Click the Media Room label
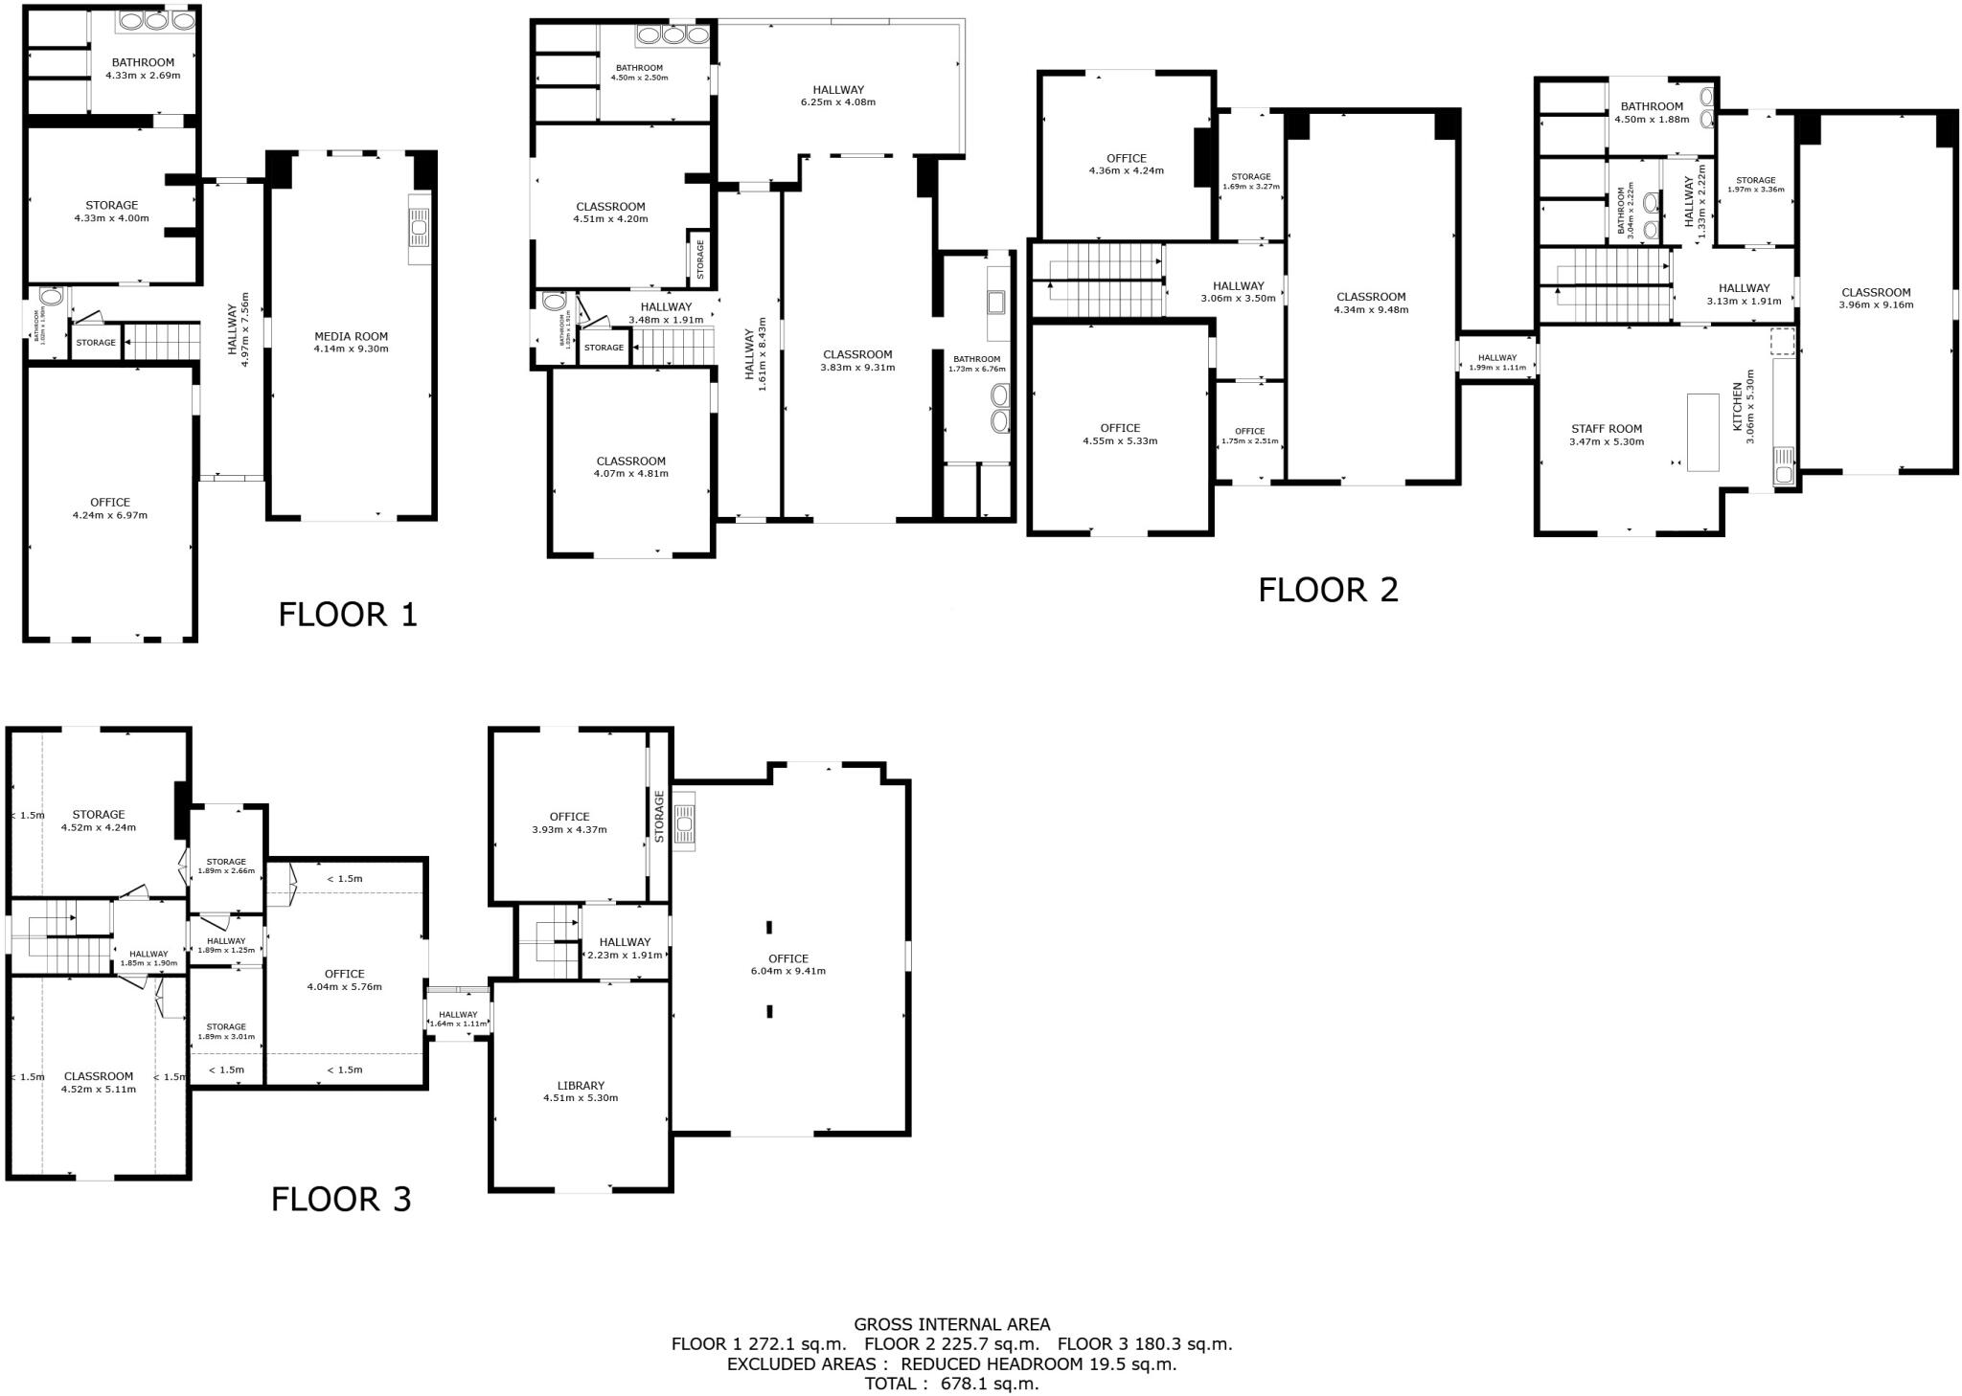[351, 336]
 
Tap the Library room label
[581, 1085]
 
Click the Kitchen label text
[1738, 407]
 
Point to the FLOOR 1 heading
[348, 615]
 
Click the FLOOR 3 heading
[341, 1200]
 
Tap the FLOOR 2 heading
[1328, 590]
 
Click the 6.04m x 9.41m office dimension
[788, 971]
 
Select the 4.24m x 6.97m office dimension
[110, 515]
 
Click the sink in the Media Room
[420, 229]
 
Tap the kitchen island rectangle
[1702, 432]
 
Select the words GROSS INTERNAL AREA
[951, 1324]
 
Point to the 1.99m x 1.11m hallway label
[1497, 363]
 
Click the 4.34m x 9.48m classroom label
[1371, 304]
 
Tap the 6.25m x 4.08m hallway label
[838, 96]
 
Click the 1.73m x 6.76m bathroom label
[976, 364]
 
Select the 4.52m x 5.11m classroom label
[99, 1083]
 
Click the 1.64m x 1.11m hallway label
[458, 1020]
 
